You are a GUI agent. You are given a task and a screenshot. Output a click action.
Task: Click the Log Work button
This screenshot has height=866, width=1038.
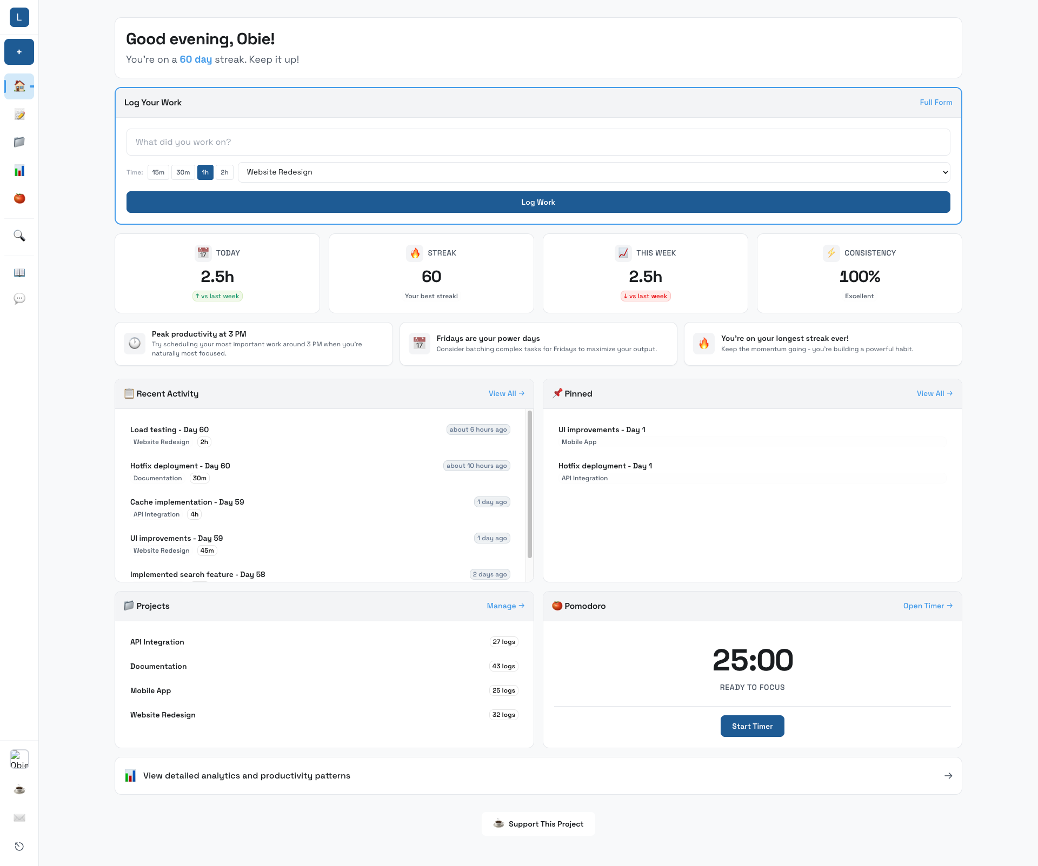pyautogui.click(x=538, y=202)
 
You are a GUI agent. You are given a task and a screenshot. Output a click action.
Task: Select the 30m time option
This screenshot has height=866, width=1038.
pyautogui.click(x=183, y=172)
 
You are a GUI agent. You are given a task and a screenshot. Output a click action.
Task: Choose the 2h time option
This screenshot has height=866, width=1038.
pyautogui.click(x=224, y=172)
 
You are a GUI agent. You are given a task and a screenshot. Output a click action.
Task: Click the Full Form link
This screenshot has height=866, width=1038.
pyautogui.click(x=936, y=102)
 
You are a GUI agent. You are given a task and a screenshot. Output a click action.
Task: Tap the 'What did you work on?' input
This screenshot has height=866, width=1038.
pyautogui.click(x=538, y=142)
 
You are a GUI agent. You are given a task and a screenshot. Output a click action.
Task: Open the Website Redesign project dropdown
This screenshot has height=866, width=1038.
pyautogui.click(x=594, y=172)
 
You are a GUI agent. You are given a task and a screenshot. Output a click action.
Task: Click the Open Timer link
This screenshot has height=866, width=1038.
pyautogui.click(x=927, y=606)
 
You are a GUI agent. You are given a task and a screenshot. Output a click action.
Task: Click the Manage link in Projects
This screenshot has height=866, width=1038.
pyautogui.click(x=505, y=606)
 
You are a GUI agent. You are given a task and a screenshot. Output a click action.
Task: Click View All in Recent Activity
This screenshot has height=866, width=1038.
pyautogui.click(x=506, y=393)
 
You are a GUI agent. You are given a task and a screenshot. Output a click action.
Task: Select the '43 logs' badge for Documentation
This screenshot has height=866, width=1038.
pyautogui.click(x=503, y=666)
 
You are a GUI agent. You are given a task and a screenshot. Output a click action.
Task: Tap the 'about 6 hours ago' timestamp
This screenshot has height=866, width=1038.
pyautogui.click(x=478, y=429)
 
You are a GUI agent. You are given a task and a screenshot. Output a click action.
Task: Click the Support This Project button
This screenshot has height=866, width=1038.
pyautogui.click(x=538, y=824)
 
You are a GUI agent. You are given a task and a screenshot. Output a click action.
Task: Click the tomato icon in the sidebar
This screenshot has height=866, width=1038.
pyautogui.click(x=19, y=198)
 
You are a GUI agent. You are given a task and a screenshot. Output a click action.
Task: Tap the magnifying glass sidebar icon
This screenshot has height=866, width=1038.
pyautogui.click(x=19, y=236)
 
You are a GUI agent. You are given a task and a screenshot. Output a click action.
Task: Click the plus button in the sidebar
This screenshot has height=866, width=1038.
pyautogui.click(x=19, y=52)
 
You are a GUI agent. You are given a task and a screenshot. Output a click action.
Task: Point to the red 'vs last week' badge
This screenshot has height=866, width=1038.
pyautogui.click(x=646, y=296)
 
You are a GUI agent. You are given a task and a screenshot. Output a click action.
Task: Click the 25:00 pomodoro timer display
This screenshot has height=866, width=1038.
pyautogui.click(x=753, y=660)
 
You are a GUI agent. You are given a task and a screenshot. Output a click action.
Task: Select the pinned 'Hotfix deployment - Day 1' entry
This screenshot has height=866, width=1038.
pyautogui.click(x=605, y=466)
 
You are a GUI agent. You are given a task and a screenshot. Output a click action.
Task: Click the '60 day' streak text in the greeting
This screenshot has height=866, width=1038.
pyautogui.click(x=196, y=59)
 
